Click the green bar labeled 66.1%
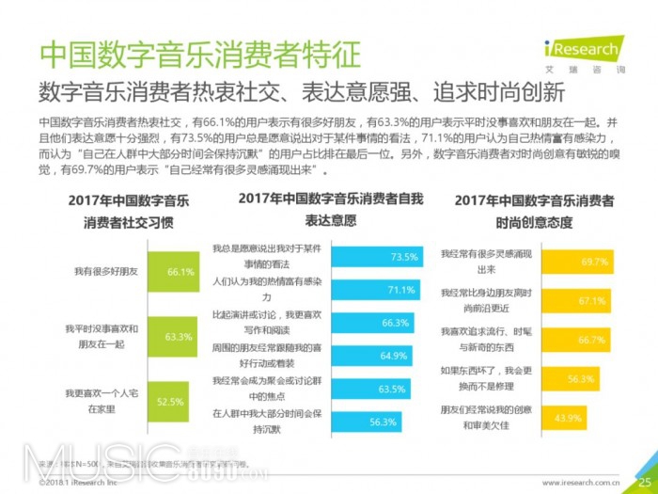coord(169,271)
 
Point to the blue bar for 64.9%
coord(367,356)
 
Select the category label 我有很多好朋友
coord(106,271)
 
